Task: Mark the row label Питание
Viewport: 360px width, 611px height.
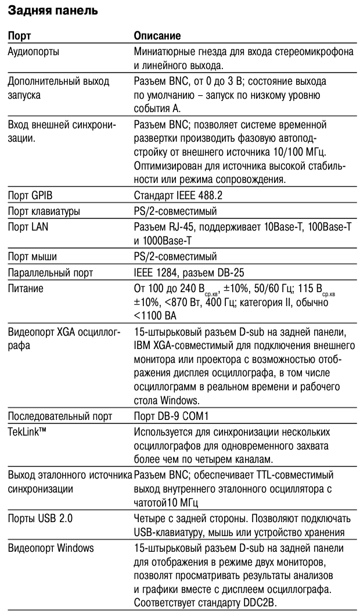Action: [x=26, y=287]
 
